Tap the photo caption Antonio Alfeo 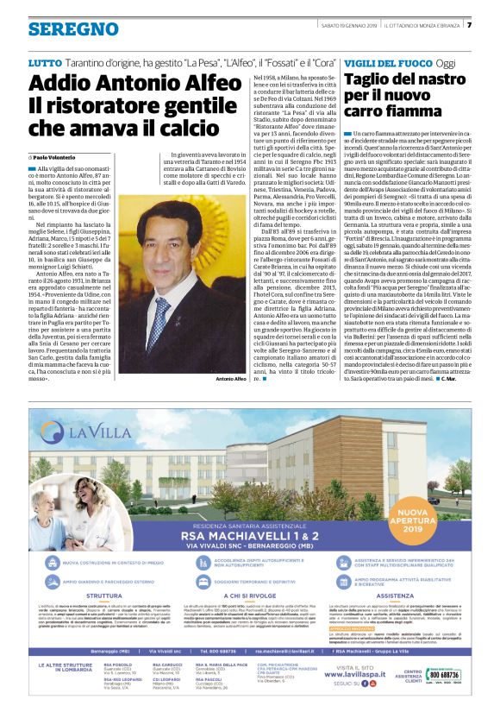click(x=229, y=379)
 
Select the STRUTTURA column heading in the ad click(x=104, y=619)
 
